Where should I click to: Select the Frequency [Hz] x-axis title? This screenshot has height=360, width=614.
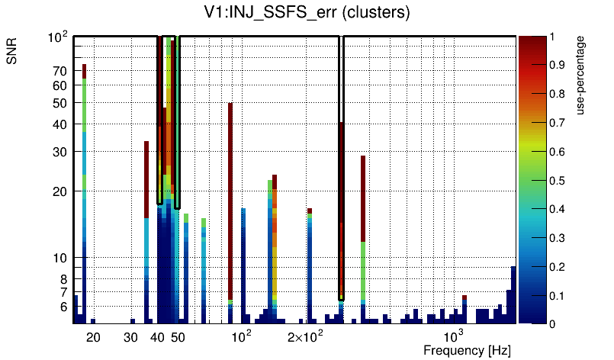pos(467,350)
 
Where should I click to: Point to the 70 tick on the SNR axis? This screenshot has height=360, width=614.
pos(59,71)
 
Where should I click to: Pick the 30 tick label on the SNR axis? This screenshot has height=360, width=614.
pos(59,152)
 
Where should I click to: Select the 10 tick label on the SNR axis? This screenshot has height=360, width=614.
pos(59,258)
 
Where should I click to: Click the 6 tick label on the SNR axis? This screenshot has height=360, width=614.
pos(63,307)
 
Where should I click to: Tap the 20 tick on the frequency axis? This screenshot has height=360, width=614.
pos(93,336)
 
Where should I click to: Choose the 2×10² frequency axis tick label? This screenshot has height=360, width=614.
pos(304,336)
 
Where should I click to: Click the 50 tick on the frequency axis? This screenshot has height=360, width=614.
pos(177,336)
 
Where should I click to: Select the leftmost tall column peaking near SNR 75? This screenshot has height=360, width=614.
pos(85,153)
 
